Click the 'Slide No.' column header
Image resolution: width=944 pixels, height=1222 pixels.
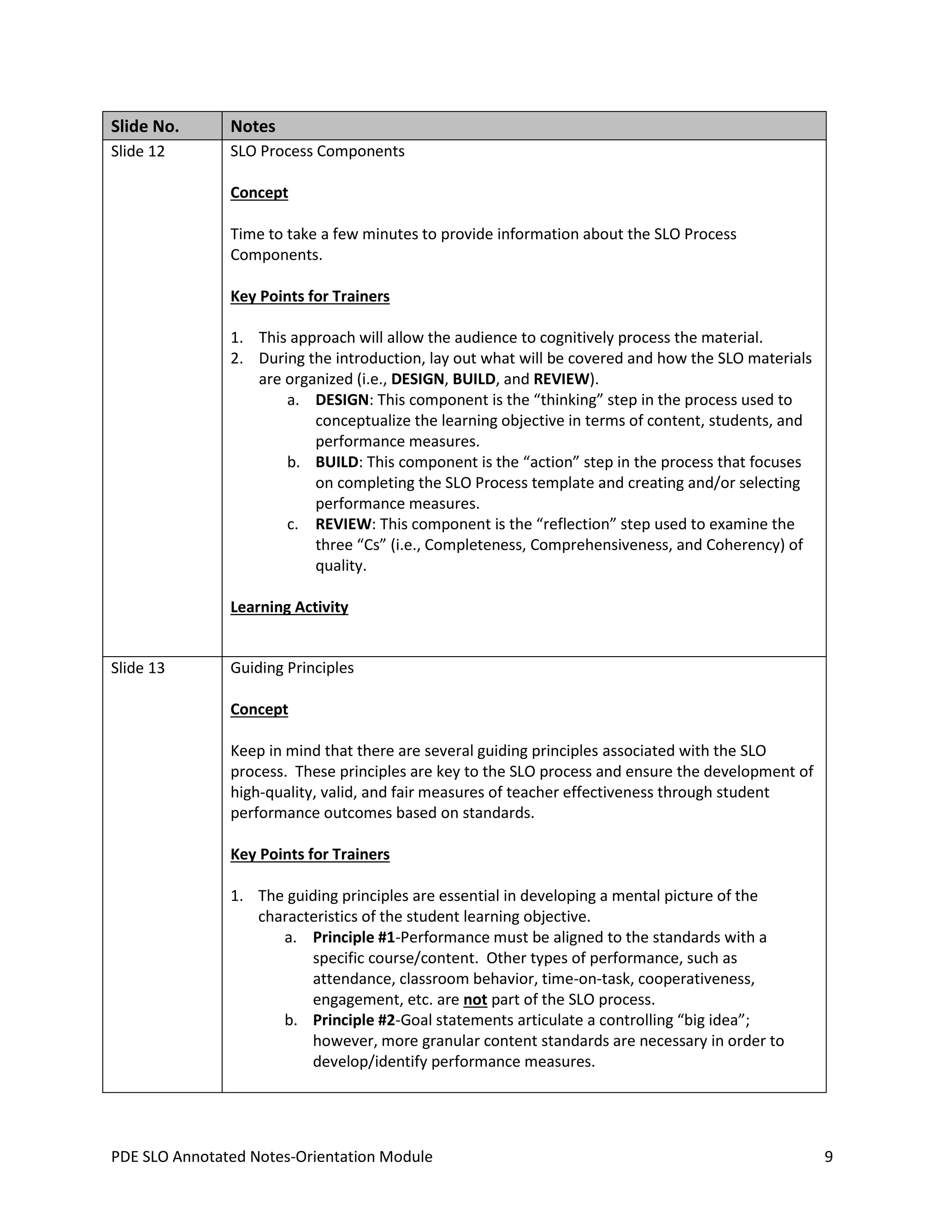click(x=145, y=126)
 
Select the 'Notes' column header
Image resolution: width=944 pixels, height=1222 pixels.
click(x=253, y=126)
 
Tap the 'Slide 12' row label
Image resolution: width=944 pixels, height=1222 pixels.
click(x=137, y=152)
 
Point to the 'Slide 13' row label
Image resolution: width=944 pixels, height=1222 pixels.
click(x=137, y=668)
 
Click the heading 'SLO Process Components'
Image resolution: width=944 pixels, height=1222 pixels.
click(x=317, y=152)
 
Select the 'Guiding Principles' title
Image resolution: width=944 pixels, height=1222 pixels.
click(x=292, y=668)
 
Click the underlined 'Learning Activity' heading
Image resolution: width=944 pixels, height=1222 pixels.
click(x=289, y=607)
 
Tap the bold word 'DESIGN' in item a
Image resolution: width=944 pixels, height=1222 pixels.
click(x=342, y=400)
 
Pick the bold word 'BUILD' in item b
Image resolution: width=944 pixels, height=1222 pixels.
click(x=336, y=462)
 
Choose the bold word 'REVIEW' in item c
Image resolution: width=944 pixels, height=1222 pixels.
click(x=343, y=524)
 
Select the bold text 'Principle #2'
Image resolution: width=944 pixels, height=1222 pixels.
click(x=354, y=1020)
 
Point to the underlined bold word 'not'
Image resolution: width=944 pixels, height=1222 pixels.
click(x=475, y=999)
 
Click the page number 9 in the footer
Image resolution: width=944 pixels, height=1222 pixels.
click(x=828, y=1157)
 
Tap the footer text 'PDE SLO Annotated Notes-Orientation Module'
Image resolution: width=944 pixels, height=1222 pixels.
click(x=272, y=1157)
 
